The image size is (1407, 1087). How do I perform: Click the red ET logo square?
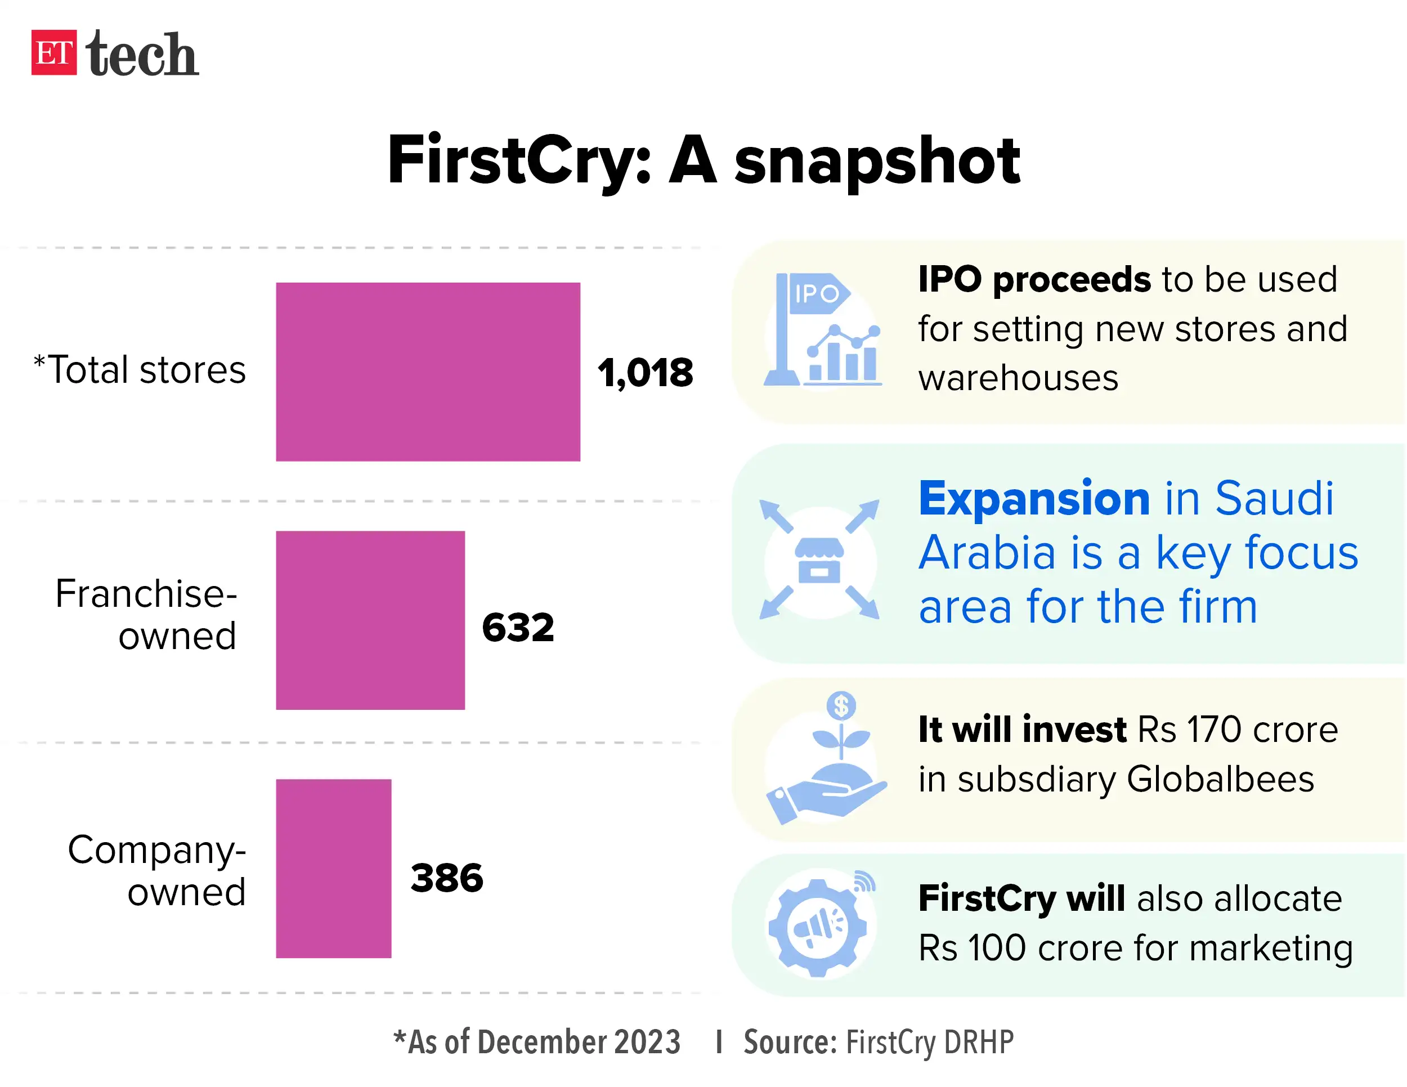tap(53, 52)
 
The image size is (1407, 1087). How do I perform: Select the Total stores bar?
tap(428, 372)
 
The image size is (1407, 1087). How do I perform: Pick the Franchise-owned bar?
tap(370, 620)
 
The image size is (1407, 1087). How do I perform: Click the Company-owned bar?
tap(333, 868)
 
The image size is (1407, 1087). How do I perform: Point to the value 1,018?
tap(645, 373)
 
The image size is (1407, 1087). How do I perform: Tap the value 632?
tap(517, 627)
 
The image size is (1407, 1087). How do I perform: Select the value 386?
tap(446, 878)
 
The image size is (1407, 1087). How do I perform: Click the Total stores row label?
tap(140, 370)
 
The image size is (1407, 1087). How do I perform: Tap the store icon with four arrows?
tap(819, 560)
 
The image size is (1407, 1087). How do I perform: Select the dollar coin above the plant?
tap(841, 705)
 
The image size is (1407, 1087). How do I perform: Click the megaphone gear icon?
tap(818, 927)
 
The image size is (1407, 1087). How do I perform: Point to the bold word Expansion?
tap(1033, 499)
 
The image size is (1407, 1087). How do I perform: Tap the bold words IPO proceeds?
tap(1033, 280)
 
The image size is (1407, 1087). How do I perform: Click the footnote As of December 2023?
tap(537, 1041)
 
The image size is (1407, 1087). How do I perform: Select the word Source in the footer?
tap(789, 1041)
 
